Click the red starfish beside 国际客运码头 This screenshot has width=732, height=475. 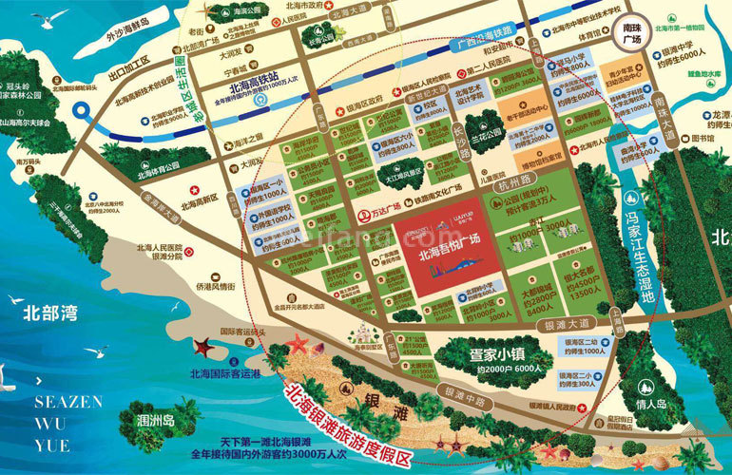(x=202, y=349)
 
